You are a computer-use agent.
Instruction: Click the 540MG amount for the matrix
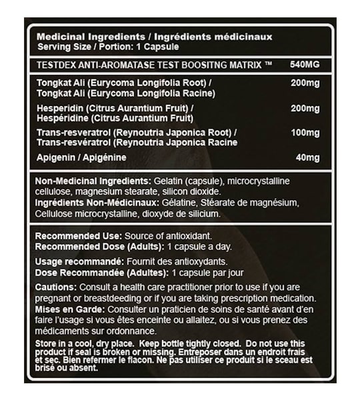point(305,65)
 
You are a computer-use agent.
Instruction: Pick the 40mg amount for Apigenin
point(309,157)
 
